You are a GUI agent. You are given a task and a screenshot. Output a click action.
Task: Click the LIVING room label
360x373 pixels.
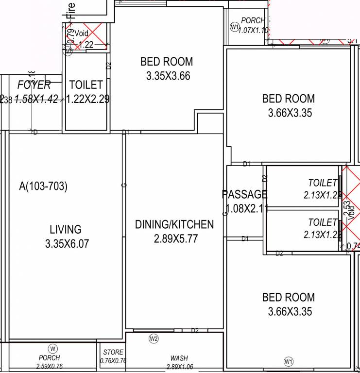point(66,229)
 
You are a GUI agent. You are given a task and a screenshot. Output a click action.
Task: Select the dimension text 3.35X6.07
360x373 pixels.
point(67,244)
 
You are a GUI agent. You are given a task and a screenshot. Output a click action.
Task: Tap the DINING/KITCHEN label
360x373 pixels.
point(174,224)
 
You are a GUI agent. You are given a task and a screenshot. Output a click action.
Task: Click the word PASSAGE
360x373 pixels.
point(244,195)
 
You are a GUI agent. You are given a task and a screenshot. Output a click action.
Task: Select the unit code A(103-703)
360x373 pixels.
point(43,186)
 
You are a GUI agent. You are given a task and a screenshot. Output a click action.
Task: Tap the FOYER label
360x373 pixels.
point(34,85)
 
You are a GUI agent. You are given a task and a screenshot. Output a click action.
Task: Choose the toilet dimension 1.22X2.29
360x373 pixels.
point(87,99)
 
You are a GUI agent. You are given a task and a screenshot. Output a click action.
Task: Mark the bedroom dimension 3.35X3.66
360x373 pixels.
point(168,76)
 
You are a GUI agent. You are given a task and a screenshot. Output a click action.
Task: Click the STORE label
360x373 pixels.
point(113,352)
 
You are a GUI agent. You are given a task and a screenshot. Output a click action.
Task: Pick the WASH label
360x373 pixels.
point(179,358)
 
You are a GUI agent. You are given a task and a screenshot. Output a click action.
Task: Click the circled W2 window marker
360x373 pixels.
point(154,339)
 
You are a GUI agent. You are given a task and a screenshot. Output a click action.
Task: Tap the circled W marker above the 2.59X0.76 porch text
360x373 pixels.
point(52,348)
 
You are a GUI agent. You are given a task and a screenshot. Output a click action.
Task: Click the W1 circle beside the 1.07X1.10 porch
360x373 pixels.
point(235,27)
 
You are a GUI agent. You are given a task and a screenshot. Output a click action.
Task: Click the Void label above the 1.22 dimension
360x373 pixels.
point(82,34)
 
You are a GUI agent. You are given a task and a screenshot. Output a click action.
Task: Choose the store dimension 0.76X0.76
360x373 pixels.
point(113,360)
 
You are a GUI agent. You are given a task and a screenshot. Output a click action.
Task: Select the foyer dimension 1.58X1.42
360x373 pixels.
point(36,99)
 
